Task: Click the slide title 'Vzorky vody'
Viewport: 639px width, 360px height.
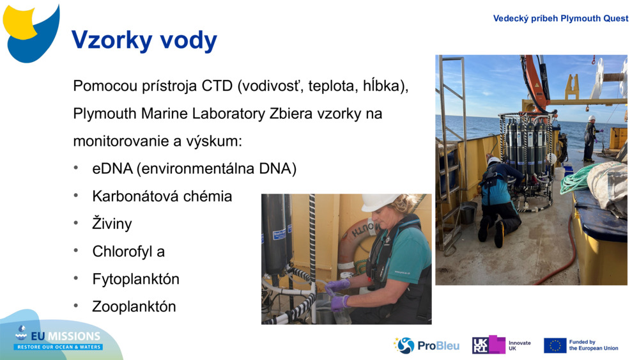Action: [144, 40]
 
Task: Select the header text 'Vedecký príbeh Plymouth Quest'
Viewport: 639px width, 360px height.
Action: [560, 19]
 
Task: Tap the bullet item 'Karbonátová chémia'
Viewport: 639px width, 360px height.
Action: [162, 196]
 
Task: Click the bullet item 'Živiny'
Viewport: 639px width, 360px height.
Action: [112, 224]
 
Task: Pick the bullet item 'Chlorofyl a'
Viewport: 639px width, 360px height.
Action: [128, 251]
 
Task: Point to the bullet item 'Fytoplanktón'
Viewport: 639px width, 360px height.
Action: [135, 279]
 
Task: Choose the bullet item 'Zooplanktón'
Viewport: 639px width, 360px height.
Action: [134, 306]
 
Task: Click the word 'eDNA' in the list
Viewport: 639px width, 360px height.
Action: [112, 169]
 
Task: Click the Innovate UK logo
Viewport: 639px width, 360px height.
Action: [502, 345]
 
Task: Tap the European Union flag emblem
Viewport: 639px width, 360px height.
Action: [555, 345]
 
